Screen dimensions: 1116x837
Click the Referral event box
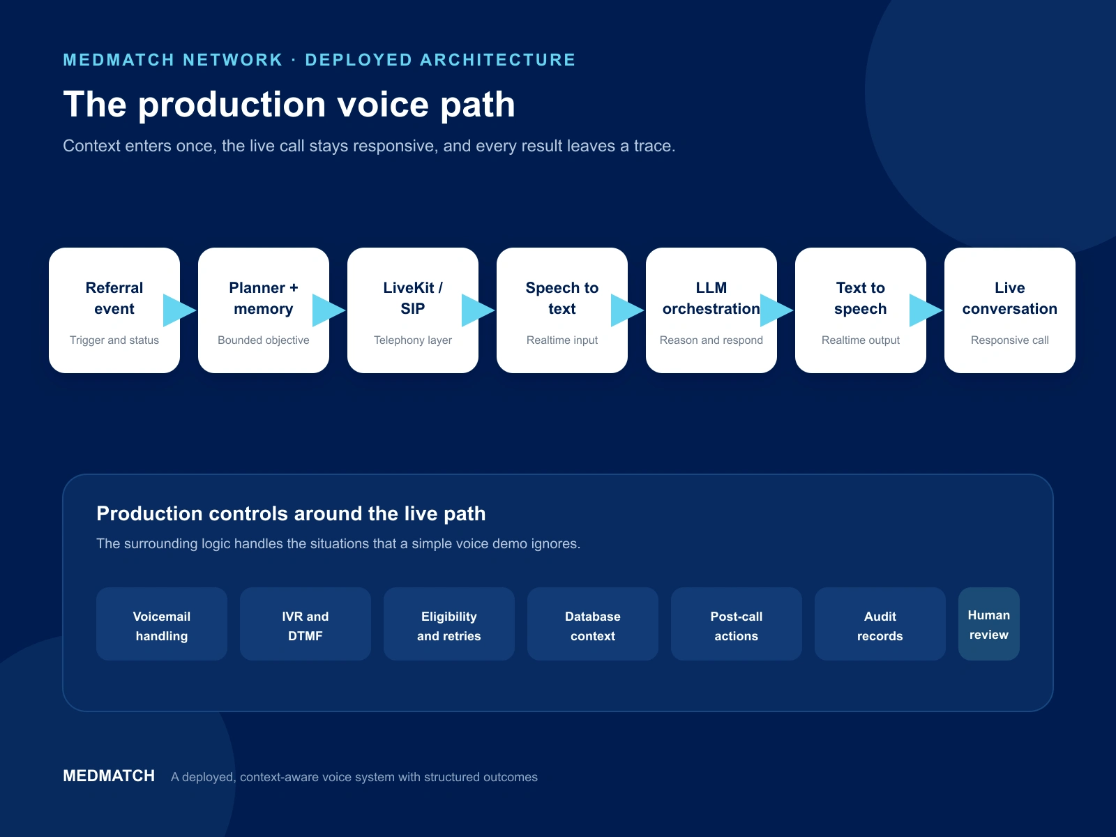point(114,310)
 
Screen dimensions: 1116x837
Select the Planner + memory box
point(264,310)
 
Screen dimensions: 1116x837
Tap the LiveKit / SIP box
point(413,310)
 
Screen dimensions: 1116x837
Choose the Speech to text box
point(561,310)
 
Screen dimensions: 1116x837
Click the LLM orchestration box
point(711,310)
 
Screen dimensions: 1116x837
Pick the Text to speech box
point(860,310)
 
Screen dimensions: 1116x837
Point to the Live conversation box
point(1010,310)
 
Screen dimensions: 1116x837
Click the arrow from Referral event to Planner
point(179,310)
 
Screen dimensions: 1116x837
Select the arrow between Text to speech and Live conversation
point(926,310)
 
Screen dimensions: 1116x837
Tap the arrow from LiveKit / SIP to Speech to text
point(478,310)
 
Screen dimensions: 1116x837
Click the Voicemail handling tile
point(162,624)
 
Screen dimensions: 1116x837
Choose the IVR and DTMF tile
point(305,624)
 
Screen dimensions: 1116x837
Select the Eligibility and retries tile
point(449,624)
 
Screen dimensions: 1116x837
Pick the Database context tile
point(593,624)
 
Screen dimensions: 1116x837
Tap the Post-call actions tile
point(736,624)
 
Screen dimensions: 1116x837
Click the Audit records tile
point(880,624)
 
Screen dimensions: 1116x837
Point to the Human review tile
point(989,624)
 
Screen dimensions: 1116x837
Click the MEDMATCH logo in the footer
point(109,776)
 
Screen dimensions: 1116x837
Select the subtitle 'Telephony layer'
point(413,340)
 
